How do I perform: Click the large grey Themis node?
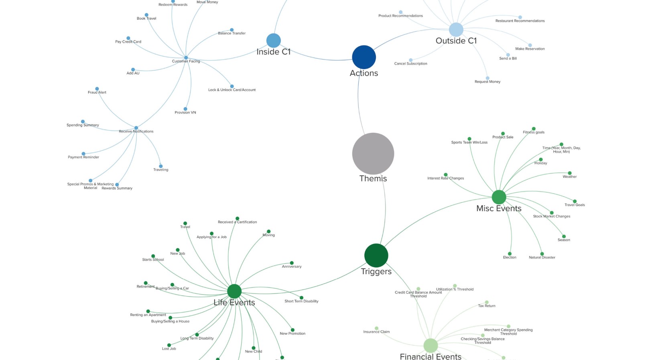pyautogui.click(x=373, y=154)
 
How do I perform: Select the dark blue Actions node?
pyautogui.click(x=364, y=57)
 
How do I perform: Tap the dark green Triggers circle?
pyautogui.click(x=376, y=255)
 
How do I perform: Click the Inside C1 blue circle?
pyautogui.click(x=273, y=41)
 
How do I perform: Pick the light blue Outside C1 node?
pyautogui.click(x=456, y=29)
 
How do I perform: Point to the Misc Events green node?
pyautogui.click(x=499, y=197)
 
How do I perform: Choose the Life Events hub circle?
pyautogui.click(x=234, y=291)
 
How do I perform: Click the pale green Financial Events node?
pyautogui.click(x=431, y=345)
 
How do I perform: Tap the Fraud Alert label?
pyautogui.click(x=97, y=92)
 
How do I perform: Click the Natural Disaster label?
pyautogui.click(x=542, y=258)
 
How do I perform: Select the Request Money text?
pyautogui.click(x=487, y=82)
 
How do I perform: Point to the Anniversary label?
pyautogui.click(x=292, y=266)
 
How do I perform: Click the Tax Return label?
pyautogui.click(x=486, y=306)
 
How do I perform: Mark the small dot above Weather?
pyautogui.click(x=569, y=173)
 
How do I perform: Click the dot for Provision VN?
pyautogui.click(x=185, y=109)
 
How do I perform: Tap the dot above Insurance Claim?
pyautogui.click(x=376, y=328)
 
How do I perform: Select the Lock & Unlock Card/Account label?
pyautogui.click(x=232, y=90)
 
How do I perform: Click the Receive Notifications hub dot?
pyautogui.click(x=136, y=128)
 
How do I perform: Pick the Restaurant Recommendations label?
pyautogui.click(x=520, y=21)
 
